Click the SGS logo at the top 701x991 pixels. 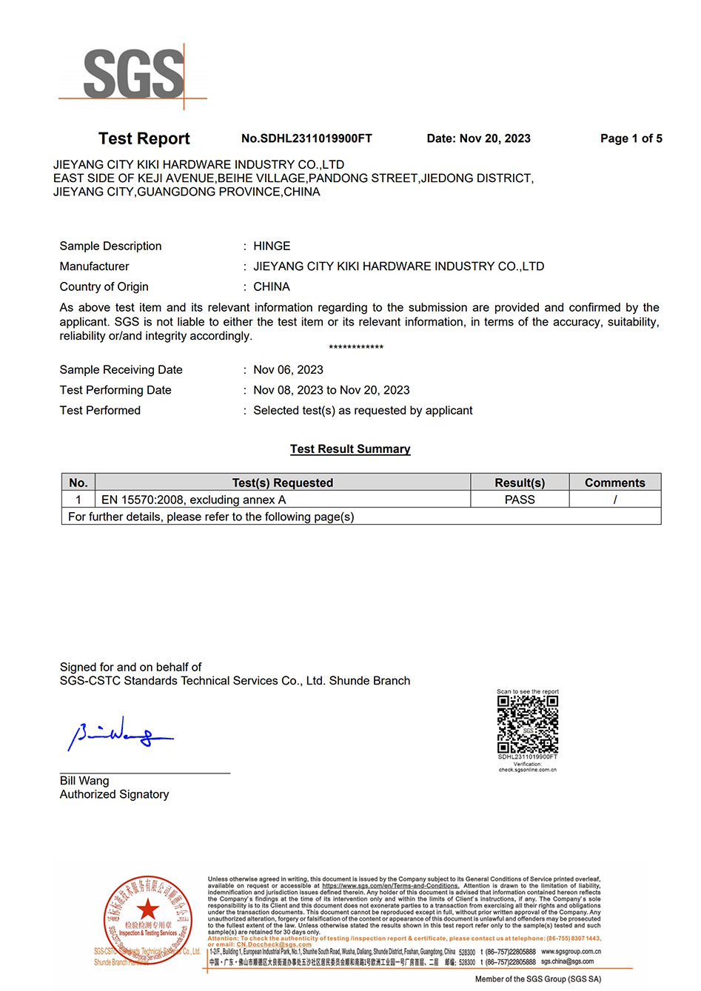pos(133,73)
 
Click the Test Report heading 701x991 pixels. pos(144,138)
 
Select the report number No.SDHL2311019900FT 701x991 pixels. pos(306,138)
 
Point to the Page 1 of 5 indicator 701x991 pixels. pos(631,138)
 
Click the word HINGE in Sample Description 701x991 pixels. pos(272,246)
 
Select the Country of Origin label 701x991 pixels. pos(104,286)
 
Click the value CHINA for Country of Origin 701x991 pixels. pos(272,286)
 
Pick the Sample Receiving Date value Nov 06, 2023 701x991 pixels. pos(288,369)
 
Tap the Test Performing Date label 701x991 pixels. pos(115,390)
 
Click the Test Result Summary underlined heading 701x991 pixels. pos(350,449)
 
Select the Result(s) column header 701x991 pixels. pos(520,483)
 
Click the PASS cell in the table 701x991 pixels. pos(520,500)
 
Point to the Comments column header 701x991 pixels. pos(614,483)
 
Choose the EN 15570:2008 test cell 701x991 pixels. pos(194,500)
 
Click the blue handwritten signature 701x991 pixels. pos(118,733)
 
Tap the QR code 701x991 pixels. pos(527,724)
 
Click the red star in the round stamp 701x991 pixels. pos(148,910)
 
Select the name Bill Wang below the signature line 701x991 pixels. pos(84,781)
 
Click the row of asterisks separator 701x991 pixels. pos(356,347)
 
